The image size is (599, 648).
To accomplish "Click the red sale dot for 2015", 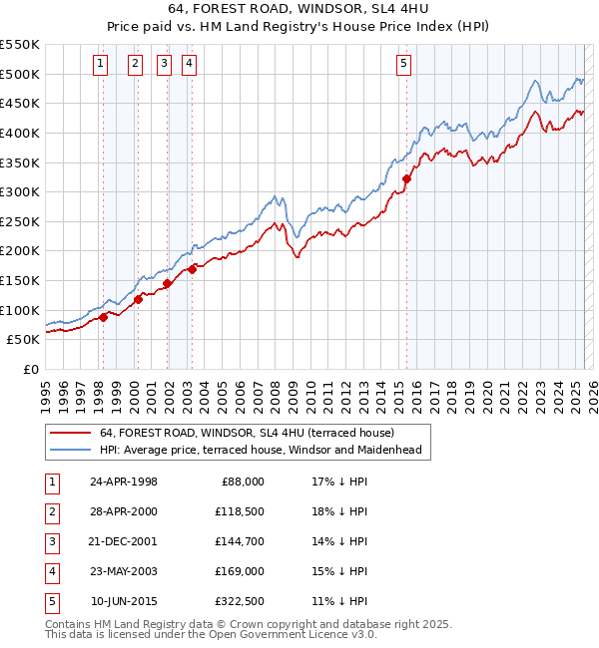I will [406, 179].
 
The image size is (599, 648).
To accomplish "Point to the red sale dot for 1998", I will [103, 317].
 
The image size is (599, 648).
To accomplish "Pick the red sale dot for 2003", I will [192, 269].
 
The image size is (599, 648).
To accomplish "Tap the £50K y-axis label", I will [24, 340].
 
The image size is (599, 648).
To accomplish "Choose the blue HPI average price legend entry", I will [261, 450].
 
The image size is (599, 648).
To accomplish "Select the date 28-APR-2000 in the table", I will [124, 511].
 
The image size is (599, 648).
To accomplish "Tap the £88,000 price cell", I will [242, 482].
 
